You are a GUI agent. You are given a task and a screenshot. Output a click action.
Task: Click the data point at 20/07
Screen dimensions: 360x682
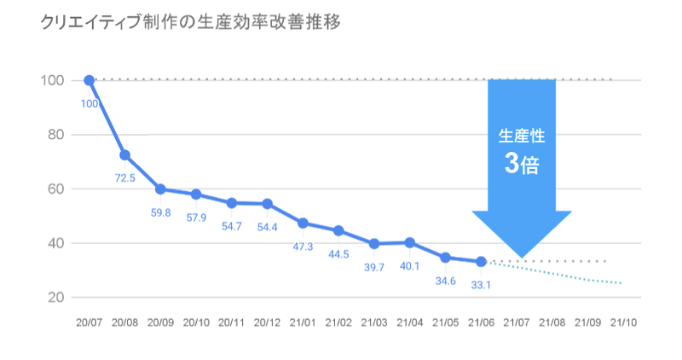(x=90, y=80)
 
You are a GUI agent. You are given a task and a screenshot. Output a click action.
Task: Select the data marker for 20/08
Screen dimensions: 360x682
(x=124, y=155)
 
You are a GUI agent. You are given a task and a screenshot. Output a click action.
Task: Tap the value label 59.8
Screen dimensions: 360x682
(x=160, y=212)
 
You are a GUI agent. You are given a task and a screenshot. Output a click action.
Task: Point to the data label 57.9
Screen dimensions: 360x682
(x=196, y=218)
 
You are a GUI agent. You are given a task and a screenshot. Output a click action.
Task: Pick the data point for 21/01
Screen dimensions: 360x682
(x=303, y=224)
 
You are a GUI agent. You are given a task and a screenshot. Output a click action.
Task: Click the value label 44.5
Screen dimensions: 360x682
(x=338, y=253)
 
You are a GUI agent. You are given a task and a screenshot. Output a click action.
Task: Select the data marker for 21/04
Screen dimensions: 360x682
(x=410, y=242)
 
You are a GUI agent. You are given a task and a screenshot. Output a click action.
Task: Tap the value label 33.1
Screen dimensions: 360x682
(x=482, y=285)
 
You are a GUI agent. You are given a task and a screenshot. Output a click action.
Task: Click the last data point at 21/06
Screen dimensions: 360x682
(x=482, y=261)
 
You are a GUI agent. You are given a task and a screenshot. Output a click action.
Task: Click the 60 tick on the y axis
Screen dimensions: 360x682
(x=57, y=189)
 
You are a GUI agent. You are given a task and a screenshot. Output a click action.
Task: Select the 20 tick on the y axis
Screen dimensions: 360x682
(x=57, y=297)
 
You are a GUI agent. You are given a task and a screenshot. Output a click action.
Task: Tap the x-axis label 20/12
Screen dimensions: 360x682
(x=268, y=323)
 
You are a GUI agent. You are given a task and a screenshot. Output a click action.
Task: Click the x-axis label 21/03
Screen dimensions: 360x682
(x=374, y=323)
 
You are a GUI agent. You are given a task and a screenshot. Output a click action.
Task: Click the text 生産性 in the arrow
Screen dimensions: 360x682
(x=522, y=135)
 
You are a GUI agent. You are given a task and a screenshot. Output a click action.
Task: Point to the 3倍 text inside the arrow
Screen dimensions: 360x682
(x=522, y=163)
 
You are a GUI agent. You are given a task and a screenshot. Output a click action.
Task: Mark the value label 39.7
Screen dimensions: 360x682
(x=374, y=266)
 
